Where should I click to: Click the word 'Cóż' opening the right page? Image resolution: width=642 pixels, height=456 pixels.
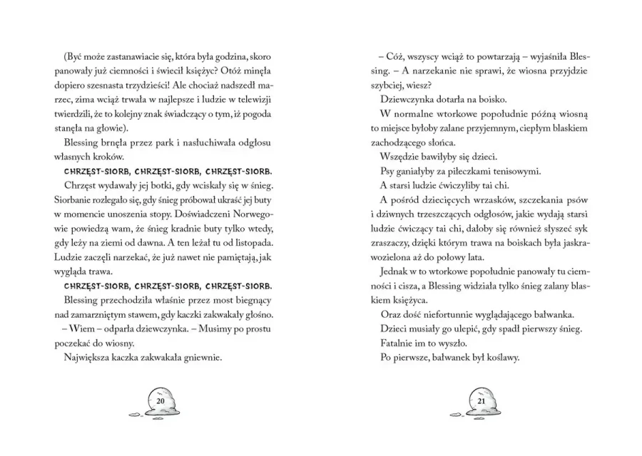(x=396, y=57)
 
